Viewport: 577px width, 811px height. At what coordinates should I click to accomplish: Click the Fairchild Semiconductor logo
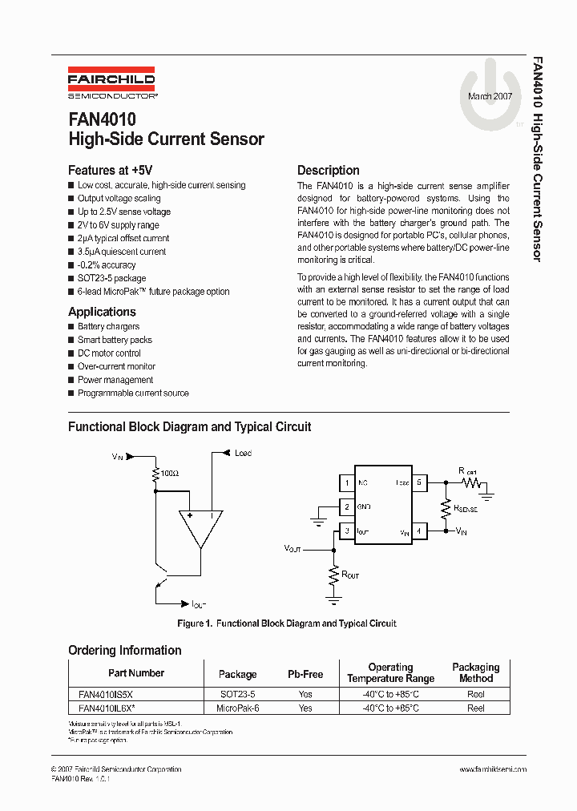coord(111,83)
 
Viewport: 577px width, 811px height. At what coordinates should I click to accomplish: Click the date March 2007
coord(490,96)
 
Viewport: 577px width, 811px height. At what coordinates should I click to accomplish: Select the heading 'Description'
coord(328,170)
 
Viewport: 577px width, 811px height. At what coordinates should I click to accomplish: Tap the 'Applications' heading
coord(102,312)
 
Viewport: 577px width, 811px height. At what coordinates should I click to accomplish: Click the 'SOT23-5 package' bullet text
coord(111,278)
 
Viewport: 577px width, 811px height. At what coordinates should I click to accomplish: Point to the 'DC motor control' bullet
coord(109,353)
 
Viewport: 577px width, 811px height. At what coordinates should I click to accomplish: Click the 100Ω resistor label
coord(169,474)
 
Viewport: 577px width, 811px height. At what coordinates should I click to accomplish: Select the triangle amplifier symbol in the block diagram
coord(200,528)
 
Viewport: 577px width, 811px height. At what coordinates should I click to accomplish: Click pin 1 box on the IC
coord(346,483)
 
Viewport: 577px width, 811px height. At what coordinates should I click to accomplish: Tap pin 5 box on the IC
coord(419,483)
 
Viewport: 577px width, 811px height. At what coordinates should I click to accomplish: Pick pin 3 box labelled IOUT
coord(346,531)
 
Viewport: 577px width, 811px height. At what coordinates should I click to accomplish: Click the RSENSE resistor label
coord(466,508)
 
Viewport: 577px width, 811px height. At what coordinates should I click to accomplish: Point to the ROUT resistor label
coord(350,575)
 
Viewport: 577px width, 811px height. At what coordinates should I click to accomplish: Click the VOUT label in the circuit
coord(294,549)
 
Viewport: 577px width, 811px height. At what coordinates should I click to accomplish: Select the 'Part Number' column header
coord(136,673)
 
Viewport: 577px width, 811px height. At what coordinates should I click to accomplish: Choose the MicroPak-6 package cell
coord(237,708)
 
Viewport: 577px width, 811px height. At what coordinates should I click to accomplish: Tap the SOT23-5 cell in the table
coord(237,696)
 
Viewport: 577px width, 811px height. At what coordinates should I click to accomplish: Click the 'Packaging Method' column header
coord(475,672)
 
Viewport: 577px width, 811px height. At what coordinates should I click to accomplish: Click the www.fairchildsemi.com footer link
coord(493,769)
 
